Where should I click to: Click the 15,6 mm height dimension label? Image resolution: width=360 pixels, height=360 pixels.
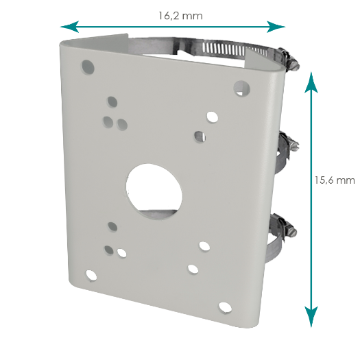[x=335, y=180]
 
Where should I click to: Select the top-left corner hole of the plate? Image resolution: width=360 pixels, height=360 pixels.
[x=87, y=67]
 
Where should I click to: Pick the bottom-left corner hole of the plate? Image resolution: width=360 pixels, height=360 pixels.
[x=90, y=276]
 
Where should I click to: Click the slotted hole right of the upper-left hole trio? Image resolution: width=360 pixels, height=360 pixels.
[x=123, y=123]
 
